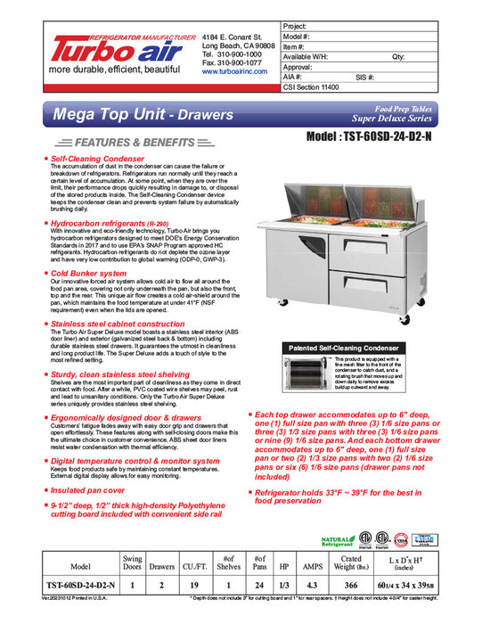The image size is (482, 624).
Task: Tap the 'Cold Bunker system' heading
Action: pos(88,273)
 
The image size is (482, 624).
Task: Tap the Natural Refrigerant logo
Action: pos(335,540)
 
